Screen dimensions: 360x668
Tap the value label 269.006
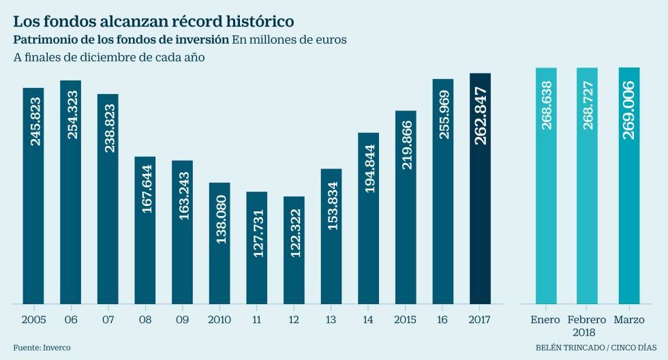pos(628,110)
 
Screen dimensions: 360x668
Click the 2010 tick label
pos(219,319)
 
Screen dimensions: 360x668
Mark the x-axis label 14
pos(369,319)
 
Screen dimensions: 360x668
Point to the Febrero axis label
pos(587,319)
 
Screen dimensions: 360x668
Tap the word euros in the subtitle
pos(331,40)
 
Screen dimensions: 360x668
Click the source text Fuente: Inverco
pos(42,348)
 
